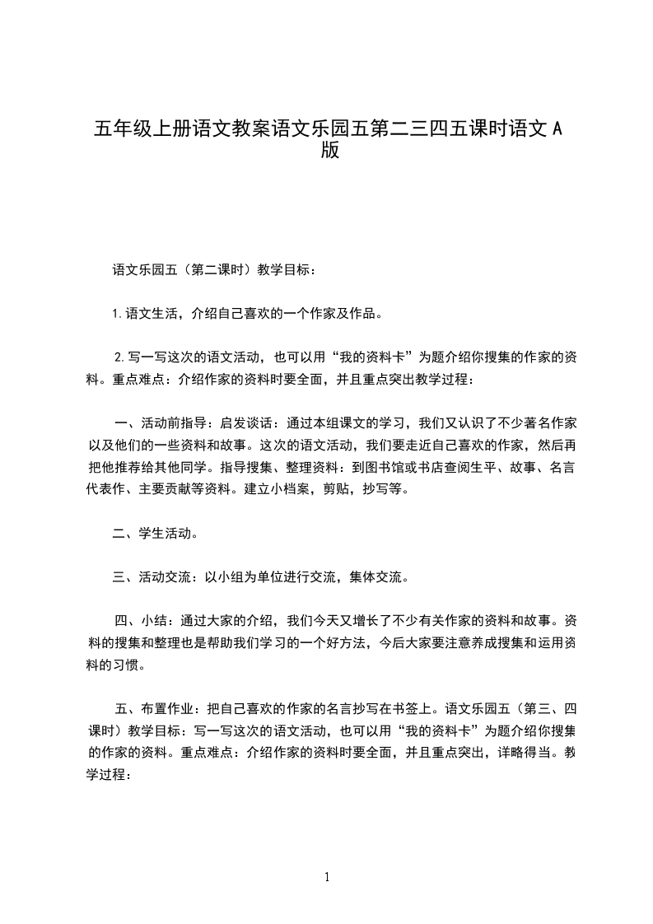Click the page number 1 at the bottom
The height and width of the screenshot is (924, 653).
click(327, 877)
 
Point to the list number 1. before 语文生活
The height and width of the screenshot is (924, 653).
click(117, 313)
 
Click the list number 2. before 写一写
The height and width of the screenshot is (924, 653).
click(119, 357)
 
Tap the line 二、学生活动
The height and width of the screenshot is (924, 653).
click(154, 533)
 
